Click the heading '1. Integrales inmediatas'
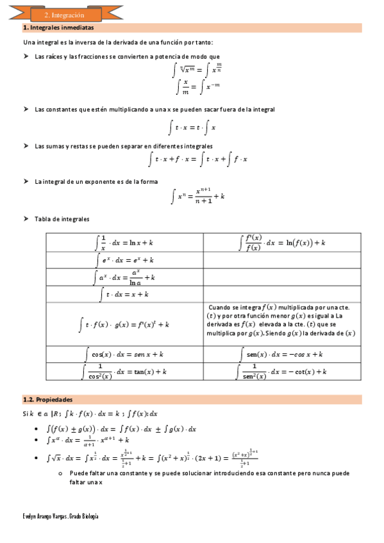pyautogui.click(x=58, y=28)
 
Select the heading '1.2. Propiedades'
pyautogui.click(x=48, y=398)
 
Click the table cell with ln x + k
pyautogui.click(x=124, y=243)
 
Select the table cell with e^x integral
pyautogui.click(x=124, y=260)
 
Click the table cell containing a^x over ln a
pyautogui.click(x=124, y=277)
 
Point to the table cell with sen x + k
pyautogui.click(x=124, y=353)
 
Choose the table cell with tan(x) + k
pyautogui.click(x=124, y=371)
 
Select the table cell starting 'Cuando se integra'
pyautogui.click(x=281, y=320)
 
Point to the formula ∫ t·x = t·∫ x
pyautogui.click(x=192, y=127)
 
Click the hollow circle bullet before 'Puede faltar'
pyautogui.click(x=58, y=474)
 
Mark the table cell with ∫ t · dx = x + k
pyautogui.click(x=124, y=295)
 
